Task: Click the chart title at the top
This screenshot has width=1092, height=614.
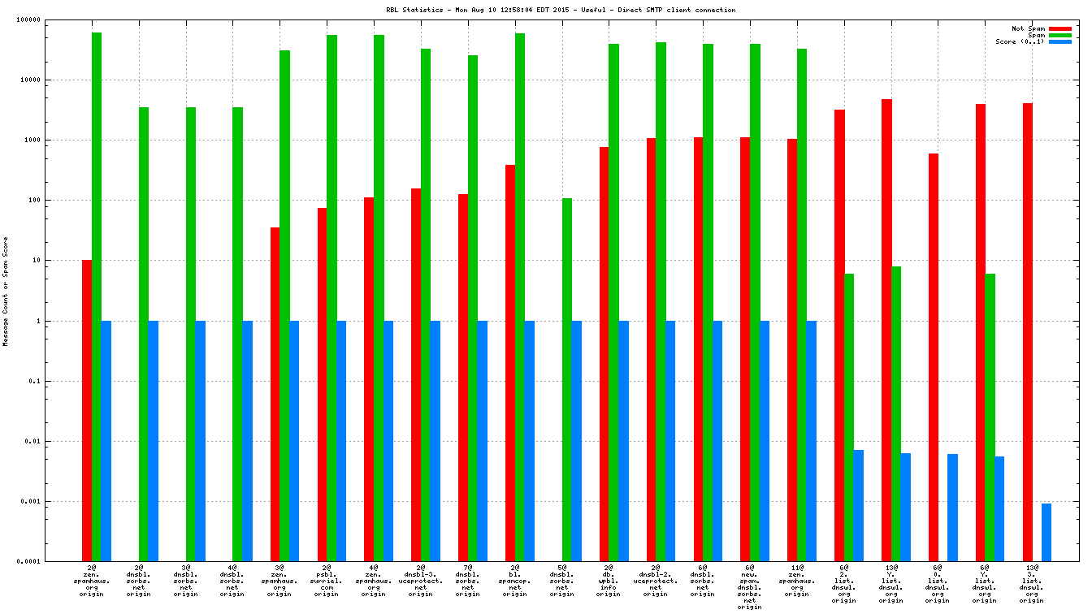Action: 561,10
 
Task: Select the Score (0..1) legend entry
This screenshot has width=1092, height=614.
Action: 1020,41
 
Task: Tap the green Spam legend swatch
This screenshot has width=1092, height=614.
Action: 1060,35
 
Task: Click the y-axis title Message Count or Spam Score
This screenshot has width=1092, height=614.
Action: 6,292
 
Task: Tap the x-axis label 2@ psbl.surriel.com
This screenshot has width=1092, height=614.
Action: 327,582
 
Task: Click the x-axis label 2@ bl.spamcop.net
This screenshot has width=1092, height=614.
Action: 515,582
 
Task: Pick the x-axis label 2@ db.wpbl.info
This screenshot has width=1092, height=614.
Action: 609,582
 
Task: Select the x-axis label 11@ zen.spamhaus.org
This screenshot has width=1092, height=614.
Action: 797,582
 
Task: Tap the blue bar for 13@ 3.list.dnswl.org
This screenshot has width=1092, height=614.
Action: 1046,532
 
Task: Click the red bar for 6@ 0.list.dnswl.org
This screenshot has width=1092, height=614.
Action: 934,357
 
